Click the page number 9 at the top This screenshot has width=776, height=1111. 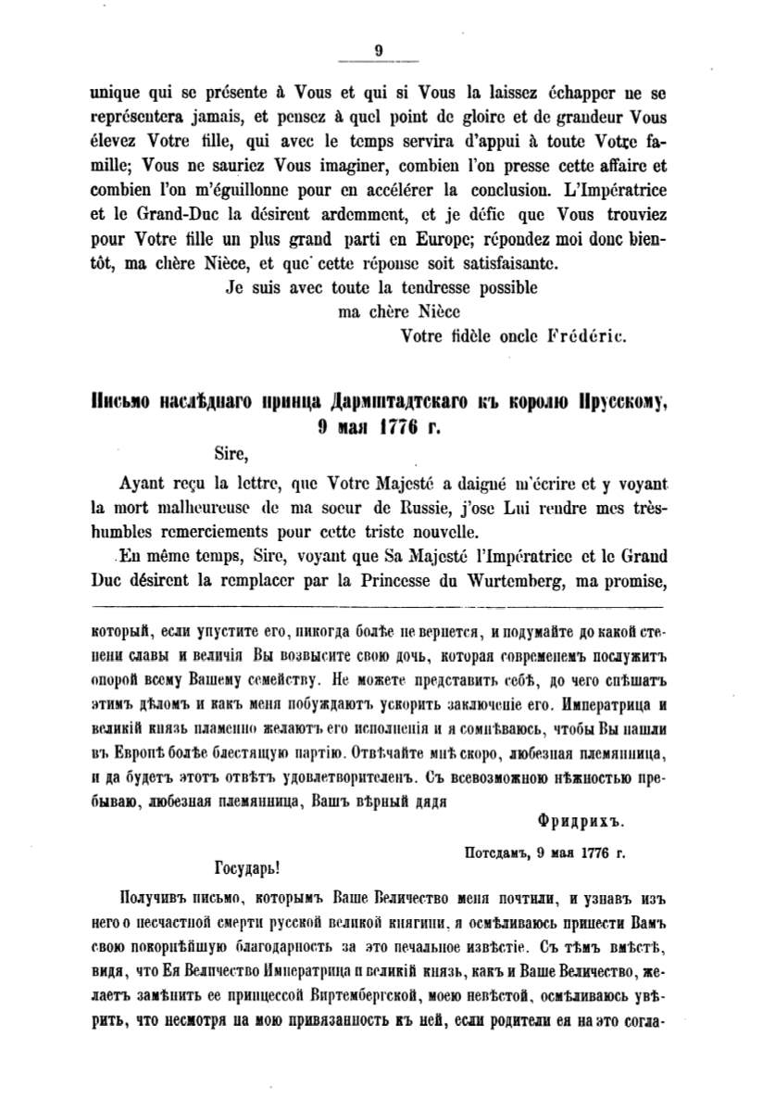pyautogui.click(x=379, y=52)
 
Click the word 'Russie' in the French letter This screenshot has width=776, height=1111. pyautogui.click(x=400, y=509)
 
